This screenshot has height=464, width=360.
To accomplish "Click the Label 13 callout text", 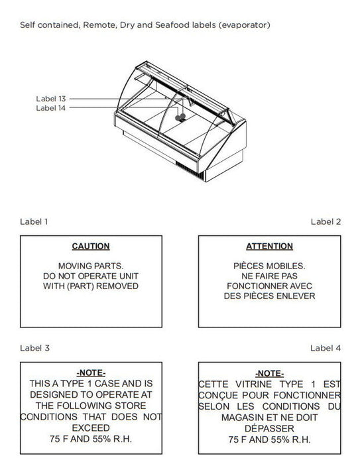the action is click(50, 99).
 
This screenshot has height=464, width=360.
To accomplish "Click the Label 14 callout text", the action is click(50, 108).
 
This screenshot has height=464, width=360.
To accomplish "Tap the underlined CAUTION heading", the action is click(91, 246).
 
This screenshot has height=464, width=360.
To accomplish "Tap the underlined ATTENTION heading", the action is click(269, 246).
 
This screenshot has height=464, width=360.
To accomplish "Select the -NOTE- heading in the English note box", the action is click(91, 373).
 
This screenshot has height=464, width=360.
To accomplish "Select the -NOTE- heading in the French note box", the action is click(269, 373).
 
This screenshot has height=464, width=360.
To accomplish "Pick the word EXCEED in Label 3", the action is click(91, 428).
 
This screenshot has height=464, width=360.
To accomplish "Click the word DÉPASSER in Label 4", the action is click(269, 428).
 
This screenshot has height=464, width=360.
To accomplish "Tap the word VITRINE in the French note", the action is click(253, 384).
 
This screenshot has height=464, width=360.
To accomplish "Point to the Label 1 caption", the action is click(34, 221).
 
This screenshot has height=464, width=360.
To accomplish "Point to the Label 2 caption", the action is click(326, 221).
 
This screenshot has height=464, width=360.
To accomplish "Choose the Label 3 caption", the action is click(34, 348).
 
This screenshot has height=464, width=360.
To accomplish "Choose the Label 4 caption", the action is click(326, 348).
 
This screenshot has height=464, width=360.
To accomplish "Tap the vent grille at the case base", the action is click(190, 170).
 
